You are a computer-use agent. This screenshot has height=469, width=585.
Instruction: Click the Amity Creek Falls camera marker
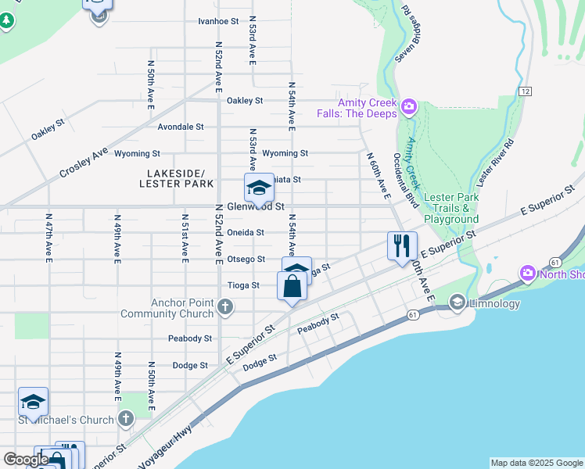[x=408, y=106]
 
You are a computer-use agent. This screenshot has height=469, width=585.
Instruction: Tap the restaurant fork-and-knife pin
[x=403, y=245]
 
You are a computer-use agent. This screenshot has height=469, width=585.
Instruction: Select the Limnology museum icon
[x=458, y=302]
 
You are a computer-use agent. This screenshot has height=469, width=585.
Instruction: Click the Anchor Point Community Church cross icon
[x=225, y=306]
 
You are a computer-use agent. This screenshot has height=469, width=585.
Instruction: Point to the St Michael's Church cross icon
[x=126, y=420]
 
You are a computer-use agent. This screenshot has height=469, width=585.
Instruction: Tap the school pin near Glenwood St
[x=259, y=188]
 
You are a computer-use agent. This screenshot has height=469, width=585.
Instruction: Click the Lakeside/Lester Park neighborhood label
[x=176, y=178]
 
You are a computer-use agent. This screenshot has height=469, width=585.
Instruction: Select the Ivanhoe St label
[x=218, y=21]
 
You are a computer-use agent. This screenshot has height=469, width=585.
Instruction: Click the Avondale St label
[x=180, y=126]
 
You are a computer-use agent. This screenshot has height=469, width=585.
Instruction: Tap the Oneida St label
[x=246, y=232]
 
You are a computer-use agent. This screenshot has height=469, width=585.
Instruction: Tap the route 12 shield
[x=524, y=91]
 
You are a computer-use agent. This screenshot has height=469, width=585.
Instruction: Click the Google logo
[x=25, y=459]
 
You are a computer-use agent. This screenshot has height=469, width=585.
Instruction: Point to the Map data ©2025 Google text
[x=537, y=463]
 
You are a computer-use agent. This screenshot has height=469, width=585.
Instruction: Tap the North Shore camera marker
[x=527, y=273]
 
